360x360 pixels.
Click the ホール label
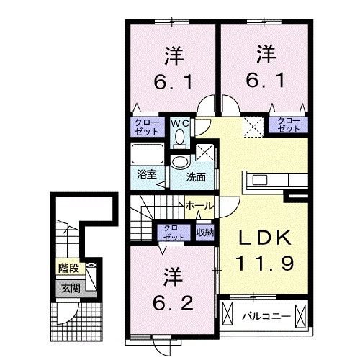coord(199,206)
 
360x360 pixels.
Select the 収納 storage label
coord(204,232)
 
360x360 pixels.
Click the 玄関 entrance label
coord(68,288)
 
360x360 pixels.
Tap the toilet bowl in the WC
coord(180,136)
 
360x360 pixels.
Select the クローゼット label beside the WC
coord(147,127)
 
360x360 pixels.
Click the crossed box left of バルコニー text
coord(229,315)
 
